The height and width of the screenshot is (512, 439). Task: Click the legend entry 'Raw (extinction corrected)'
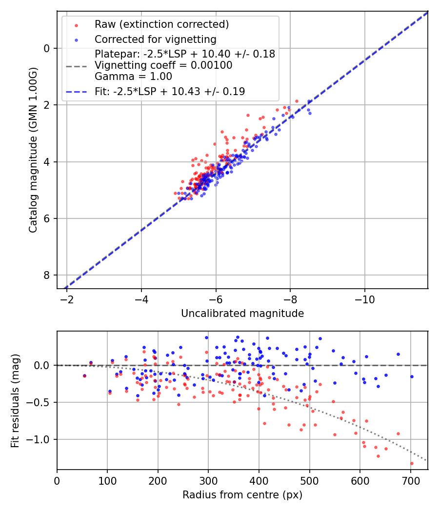click(161, 24)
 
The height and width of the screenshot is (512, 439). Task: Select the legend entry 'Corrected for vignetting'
click(155, 39)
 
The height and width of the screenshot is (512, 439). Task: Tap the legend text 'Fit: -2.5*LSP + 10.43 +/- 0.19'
click(169, 91)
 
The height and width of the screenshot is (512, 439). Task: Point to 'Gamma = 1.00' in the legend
click(133, 76)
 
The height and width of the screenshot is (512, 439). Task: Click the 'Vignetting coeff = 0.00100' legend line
click(163, 65)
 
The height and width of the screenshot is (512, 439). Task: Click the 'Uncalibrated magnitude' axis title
click(242, 314)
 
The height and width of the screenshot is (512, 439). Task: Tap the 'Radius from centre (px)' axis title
click(242, 495)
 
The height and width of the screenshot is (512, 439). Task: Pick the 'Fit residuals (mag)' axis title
click(15, 400)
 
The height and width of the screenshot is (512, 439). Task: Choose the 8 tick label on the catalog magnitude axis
click(47, 275)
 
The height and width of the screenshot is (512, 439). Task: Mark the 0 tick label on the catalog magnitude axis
click(47, 48)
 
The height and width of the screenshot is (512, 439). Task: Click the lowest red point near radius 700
click(412, 463)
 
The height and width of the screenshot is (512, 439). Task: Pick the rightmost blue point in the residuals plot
click(412, 376)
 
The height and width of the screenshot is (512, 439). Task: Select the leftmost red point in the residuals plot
click(84, 376)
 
